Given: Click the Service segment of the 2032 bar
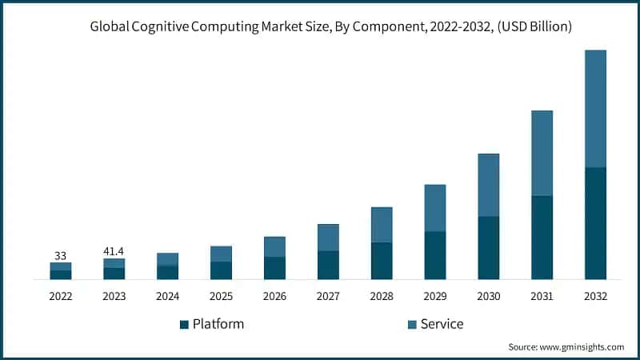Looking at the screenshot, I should click(x=595, y=109).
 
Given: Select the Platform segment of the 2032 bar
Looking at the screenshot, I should click(x=595, y=223).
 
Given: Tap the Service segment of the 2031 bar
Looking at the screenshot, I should click(x=542, y=153).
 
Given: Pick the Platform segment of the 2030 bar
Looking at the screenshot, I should click(x=488, y=248).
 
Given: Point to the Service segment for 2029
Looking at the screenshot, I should click(x=434, y=208).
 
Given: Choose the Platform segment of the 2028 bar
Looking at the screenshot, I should click(x=382, y=261).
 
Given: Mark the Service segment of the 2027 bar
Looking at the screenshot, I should click(x=328, y=238).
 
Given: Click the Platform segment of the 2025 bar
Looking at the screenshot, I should click(x=221, y=270).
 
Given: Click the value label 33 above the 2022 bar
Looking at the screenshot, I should click(x=60, y=256).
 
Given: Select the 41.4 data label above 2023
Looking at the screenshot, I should click(x=114, y=251).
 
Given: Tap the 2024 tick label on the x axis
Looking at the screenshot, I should click(x=167, y=296).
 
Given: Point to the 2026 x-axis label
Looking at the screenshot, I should click(x=274, y=296).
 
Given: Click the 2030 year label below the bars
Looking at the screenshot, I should click(x=488, y=296).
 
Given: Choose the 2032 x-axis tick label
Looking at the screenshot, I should click(x=595, y=296).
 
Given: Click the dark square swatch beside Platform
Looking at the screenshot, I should click(x=184, y=324).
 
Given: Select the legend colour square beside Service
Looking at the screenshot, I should click(x=412, y=324).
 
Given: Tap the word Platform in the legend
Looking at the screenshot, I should click(x=218, y=324).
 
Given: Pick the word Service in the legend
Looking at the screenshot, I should click(x=442, y=324).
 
